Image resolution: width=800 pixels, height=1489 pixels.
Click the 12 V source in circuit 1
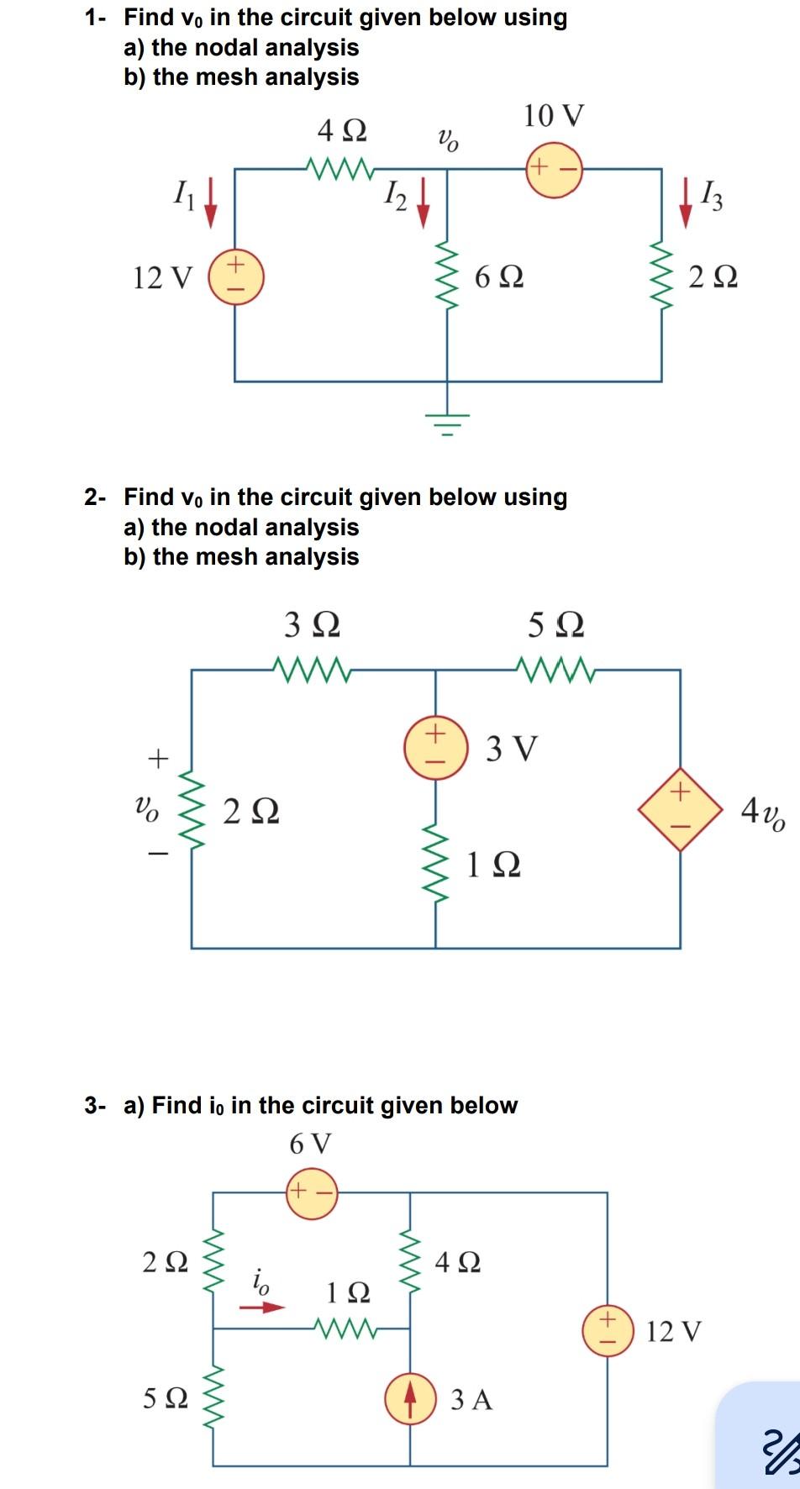[236, 276]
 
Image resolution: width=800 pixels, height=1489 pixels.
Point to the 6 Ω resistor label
[499, 276]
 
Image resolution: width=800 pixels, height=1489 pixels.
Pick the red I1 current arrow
[211, 207]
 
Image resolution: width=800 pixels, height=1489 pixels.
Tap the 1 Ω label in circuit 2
[493, 865]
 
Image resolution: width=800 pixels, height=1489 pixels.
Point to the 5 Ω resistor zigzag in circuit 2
[556, 670]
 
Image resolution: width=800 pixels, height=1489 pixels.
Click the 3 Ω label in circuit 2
[313, 625]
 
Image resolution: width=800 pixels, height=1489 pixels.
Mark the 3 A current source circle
[410, 1398]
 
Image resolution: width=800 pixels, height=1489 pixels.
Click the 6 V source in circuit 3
[312, 1192]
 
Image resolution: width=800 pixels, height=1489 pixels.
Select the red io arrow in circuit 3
[262, 1307]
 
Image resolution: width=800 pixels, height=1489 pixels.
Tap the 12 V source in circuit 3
[608, 1330]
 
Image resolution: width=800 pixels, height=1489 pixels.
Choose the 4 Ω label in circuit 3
[458, 1261]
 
